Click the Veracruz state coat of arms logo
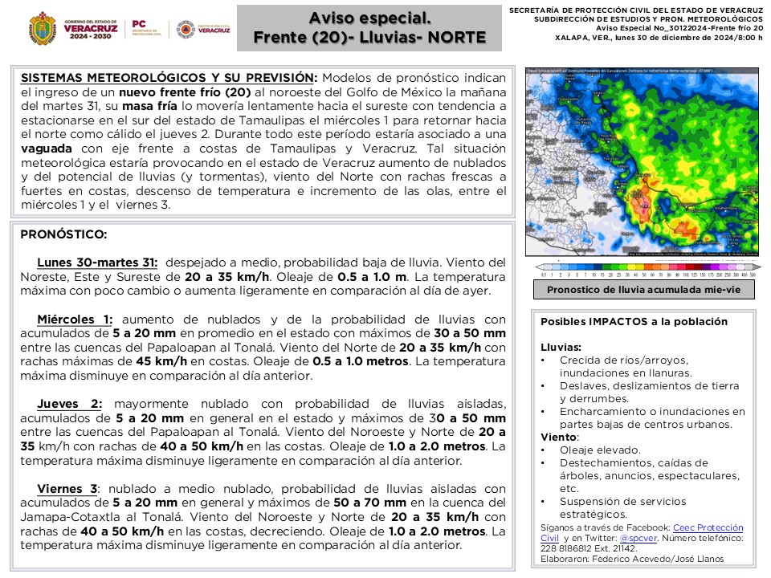coord(42,28)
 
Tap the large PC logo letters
coord(138,25)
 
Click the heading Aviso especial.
coord(369,18)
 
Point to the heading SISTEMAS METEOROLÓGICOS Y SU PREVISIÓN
coord(169,78)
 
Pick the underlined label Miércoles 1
coord(75,319)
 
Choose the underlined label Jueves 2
coord(70,403)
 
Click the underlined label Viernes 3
coord(67,488)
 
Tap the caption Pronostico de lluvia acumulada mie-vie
coord(643,290)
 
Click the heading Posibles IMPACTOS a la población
coord(634,321)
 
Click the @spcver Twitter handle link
coord(634,538)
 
